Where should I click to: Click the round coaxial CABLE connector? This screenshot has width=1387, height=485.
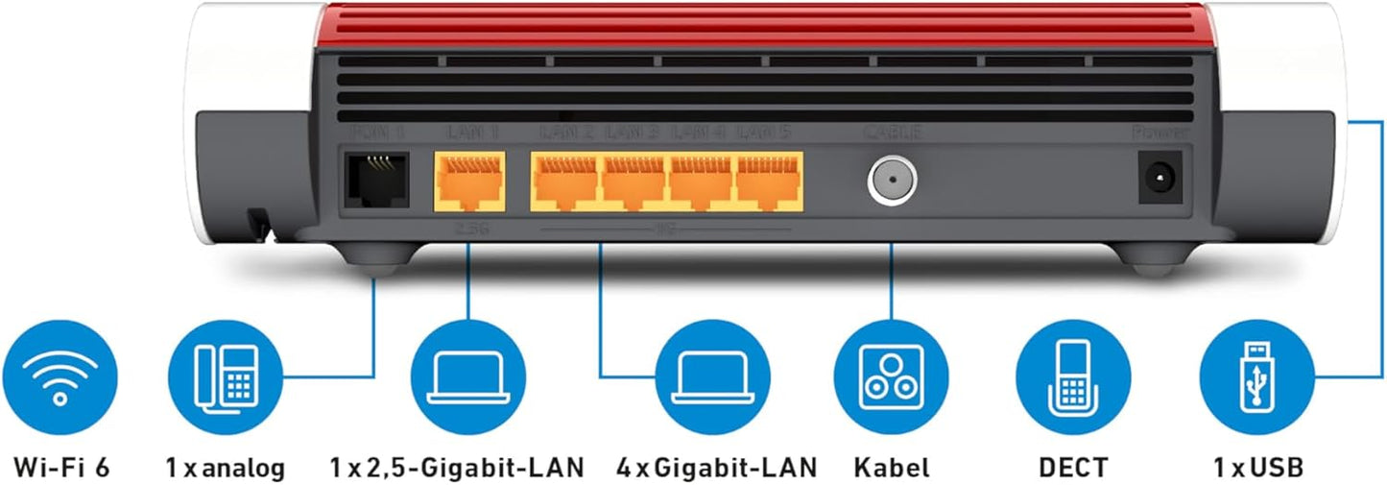pos(892,180)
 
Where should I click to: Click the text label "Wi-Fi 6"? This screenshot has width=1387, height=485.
pos(60,468)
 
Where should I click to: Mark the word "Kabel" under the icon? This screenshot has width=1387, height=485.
pos(891,468)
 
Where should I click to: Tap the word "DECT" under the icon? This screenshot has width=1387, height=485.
pos(1073,468)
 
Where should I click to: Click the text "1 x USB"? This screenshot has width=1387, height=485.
pos(1257,468)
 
